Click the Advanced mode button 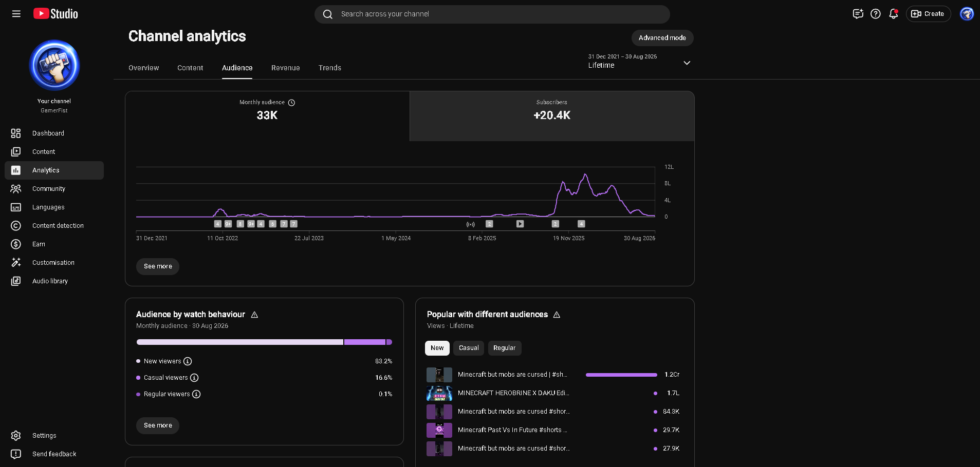coord(662,38)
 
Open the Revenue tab coord(285,68)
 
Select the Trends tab coord(329,68)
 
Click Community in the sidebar coord(49,189)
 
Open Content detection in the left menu coord(58,226)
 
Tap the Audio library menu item coord(50,281)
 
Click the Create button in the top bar coord(928,14)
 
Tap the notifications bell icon coord(894,14)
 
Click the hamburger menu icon coord(16,14)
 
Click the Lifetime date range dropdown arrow coord(687,63)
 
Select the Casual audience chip coord(469,348)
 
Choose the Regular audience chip coord(504,348)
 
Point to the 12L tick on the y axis coord(669,167)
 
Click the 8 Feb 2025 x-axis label coord(482,238)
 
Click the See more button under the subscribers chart coord(158,266)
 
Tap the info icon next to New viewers coord(188,361)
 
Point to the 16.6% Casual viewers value coord(383,378)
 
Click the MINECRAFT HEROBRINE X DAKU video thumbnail coord(439,393)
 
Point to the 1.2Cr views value coord(672,375)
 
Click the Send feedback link coord(54,454)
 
